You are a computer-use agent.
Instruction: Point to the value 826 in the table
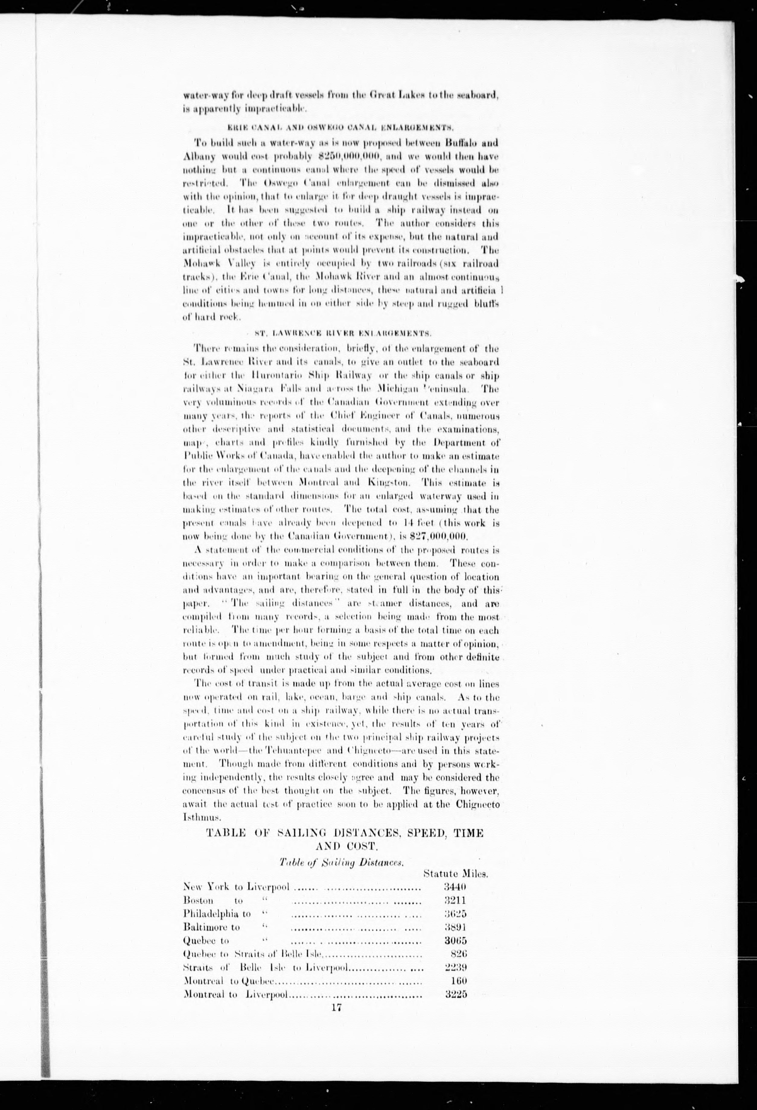coord(458,954)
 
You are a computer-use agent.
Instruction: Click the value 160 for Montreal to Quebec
coord(458,981)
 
